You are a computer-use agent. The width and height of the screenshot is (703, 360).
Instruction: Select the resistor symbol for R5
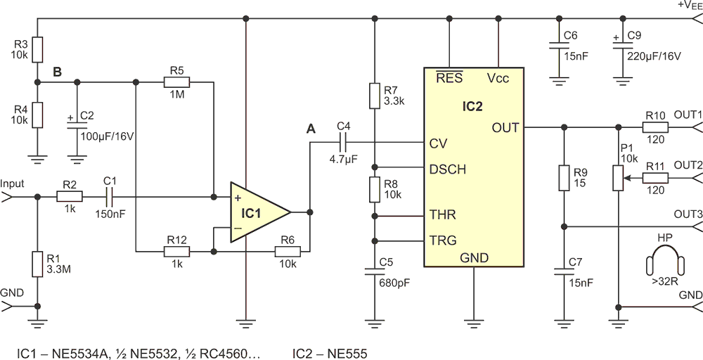point(176,82)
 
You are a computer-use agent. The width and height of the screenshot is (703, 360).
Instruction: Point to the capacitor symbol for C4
point(344,143)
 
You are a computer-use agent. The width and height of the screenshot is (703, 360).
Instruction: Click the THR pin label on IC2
point(442,214)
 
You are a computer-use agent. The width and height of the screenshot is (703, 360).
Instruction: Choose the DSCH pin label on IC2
point(447,169)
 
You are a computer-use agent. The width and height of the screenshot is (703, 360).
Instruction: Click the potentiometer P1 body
point(618,177)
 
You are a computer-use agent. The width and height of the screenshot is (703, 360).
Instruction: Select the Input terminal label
point(13,184)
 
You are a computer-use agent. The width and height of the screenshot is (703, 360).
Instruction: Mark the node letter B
point(58,72)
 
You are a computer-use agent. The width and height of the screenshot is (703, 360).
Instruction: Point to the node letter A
point(310,129)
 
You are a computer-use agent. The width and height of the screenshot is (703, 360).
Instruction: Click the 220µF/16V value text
point(654,56)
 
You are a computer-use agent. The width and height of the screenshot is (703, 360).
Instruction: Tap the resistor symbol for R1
point(38,264)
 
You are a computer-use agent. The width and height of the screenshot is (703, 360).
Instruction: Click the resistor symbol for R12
point(176,252)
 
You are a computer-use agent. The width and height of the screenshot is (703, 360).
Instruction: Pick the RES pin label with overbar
point(449,77)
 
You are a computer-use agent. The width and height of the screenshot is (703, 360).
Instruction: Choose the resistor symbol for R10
point(655,127)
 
